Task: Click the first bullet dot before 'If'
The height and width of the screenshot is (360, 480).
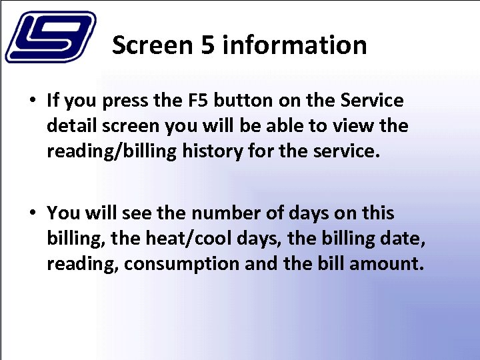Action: tap(32, 101)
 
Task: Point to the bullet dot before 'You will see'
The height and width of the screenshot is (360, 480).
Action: tap(32, 213)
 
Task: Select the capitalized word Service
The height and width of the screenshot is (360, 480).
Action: tap(371, 101)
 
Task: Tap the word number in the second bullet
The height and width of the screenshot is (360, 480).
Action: tap(225, 213)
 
